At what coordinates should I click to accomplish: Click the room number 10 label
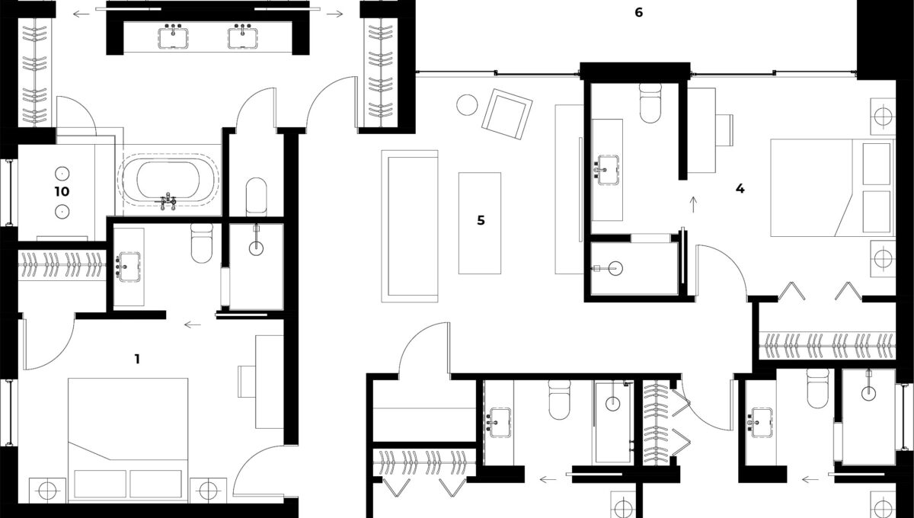[62, 191]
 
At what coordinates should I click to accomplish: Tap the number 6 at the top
[639, 13]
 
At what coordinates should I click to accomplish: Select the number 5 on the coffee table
[481, 220]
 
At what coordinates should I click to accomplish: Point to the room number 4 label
[740, 189]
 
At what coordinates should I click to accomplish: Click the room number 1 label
[138, 360]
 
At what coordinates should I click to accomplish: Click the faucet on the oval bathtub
[168, 201]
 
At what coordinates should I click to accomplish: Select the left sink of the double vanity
[173, 37]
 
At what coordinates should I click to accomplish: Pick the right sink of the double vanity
[243, 37]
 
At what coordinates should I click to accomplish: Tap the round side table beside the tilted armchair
[467, 105]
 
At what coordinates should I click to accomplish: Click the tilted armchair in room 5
[507, 114]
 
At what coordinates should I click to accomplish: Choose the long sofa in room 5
[410, 226]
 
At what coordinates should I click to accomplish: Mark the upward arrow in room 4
[693, 204]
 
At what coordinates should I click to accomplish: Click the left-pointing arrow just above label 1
[193, 325]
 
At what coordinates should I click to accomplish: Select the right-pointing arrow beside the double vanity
[334, 14]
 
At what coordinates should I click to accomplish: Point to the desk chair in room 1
[247, 381]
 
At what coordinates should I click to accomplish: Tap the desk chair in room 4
[724, 129]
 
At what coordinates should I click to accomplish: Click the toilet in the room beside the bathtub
[256, 195]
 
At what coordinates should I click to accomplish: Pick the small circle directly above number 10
[62, 174]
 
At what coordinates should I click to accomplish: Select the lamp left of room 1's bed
[47, 490]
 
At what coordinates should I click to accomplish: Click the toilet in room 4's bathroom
[650, 103]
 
